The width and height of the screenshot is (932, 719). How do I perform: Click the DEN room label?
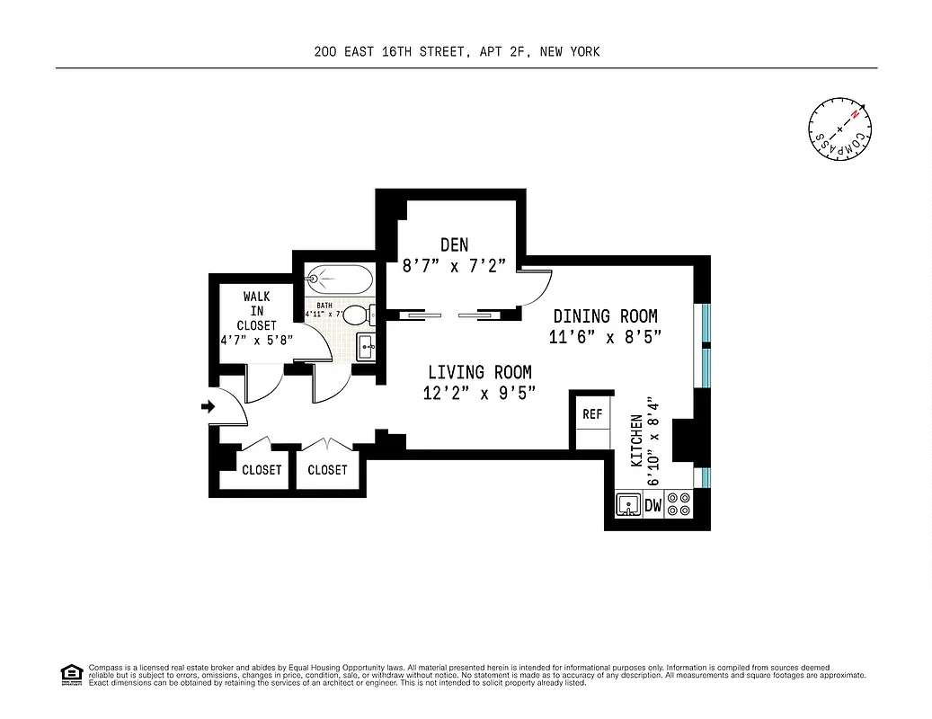(x=454, y=244)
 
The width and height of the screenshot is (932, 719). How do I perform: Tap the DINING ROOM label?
(x=605, y=316)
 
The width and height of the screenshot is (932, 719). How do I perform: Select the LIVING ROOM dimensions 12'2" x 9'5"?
(x=479, y=393)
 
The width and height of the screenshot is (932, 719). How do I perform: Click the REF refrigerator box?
(x=592, y=414)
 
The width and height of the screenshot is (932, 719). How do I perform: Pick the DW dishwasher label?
(x=653, y=506)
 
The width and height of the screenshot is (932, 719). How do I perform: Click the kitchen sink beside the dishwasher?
(x=628, y=506)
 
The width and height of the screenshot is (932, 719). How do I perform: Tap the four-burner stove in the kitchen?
(x=680, y=505)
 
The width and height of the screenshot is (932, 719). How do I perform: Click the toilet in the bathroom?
(x=358, y=315)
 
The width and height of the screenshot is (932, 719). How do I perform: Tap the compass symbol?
(x=839, y=127)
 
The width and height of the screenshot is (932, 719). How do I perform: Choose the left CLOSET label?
(x=262, y=470)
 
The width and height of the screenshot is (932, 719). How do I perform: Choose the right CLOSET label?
(x=327, y=470)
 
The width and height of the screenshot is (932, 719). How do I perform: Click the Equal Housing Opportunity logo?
(x=70, y=673)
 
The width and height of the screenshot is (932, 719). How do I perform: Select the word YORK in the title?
(x=583, y=52)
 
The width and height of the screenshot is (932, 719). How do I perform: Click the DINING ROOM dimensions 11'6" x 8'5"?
(x=605, y=338)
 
